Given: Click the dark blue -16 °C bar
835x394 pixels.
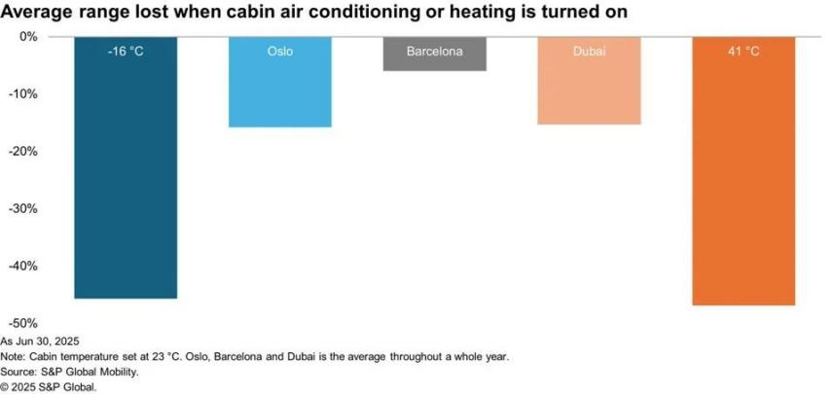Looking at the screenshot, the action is pos(126,167).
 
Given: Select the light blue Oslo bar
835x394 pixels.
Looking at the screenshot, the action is pos(280,82).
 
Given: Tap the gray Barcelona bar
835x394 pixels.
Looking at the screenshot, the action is pos(435,54).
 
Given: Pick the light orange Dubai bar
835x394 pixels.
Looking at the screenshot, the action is pos(589,81).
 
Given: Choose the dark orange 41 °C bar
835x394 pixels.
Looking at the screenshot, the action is pos(744,171).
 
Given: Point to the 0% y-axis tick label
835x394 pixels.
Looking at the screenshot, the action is pos(28,37).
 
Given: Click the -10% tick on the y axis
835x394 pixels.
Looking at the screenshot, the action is pos(24,94).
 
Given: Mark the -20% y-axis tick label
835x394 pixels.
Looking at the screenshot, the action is pos(24,152).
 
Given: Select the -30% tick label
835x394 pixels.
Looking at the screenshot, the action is pos(24,209).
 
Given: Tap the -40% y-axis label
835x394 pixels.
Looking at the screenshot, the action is pos(24,267).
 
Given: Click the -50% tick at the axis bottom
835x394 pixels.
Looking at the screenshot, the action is pos(24,324).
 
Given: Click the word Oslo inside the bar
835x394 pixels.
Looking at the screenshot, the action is pos(280,53).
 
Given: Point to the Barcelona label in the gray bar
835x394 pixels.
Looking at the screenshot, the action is pos(435,53).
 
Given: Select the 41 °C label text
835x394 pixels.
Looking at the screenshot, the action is pos(744,53).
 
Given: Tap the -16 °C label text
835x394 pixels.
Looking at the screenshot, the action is pos(126,53).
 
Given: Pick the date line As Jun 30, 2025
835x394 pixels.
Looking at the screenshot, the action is pos(40,340).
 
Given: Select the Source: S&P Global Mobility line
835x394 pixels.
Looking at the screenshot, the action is pos(70,373).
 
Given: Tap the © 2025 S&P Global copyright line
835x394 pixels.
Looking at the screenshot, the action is pos(49,387).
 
